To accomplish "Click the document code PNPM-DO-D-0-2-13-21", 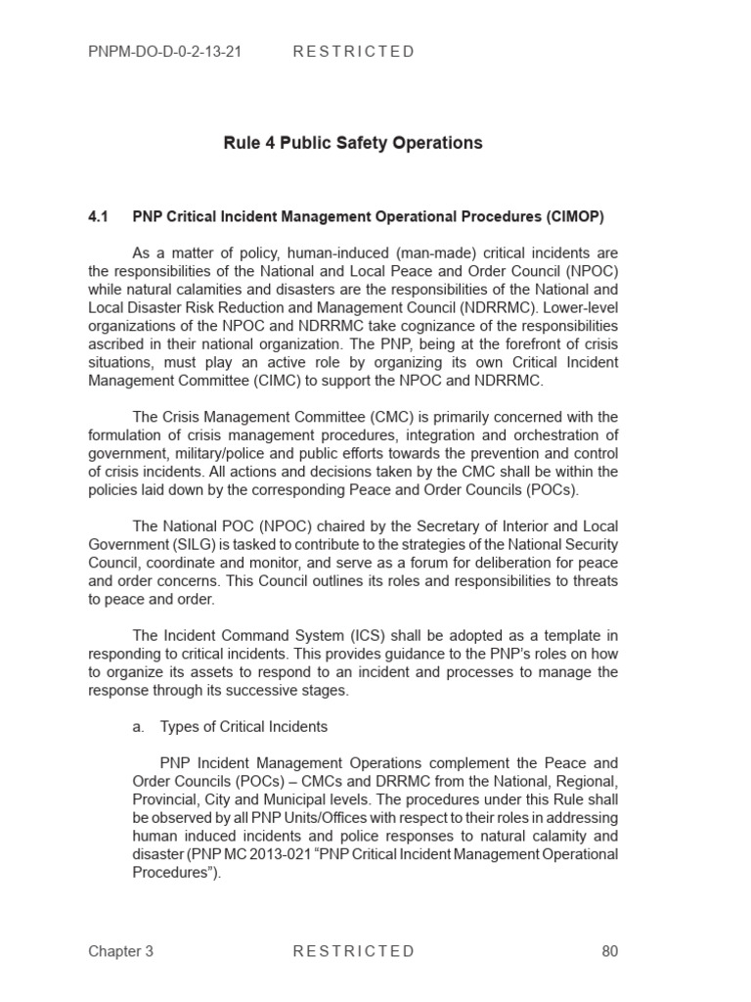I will coord(164,52).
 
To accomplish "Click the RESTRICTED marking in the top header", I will coord(353,52).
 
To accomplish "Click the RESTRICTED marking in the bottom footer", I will coord(353,951).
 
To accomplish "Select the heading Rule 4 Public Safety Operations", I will coord(353,143).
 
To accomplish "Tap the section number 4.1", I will coord(99,215).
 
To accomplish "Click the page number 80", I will coord(609,951).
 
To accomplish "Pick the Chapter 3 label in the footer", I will coord(120,951).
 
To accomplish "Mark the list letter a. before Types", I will coord(138,727).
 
